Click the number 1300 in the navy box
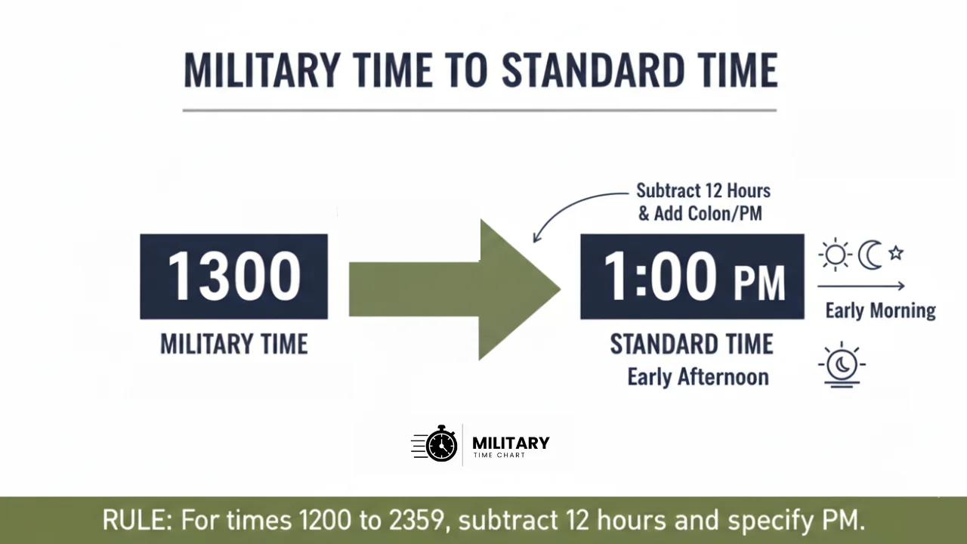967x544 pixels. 233,277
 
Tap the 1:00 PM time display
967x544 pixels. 692,277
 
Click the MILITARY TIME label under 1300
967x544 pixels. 233,345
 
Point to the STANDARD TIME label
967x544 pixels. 692,345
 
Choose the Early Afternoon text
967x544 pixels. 697,376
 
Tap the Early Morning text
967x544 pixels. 880,310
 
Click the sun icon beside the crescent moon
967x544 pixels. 836,255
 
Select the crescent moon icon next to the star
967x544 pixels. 870,255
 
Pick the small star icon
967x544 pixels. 896,253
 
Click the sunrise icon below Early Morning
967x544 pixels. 842,366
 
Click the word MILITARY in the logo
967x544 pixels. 511,443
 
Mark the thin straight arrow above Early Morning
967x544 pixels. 861,286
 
